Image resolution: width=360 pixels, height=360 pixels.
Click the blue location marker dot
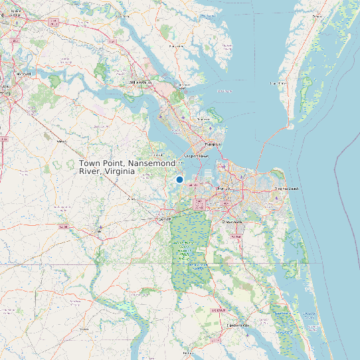point(179,179)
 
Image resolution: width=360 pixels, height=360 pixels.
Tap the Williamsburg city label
point(141,82)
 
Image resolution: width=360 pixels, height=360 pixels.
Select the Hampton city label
point(213,143)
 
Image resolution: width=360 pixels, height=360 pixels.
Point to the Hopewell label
point(24,73)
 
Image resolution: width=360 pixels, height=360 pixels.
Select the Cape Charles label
point(278,84)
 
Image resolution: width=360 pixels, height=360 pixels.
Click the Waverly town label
point(61,141)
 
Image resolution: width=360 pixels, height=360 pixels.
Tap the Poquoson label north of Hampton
point(203,120)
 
